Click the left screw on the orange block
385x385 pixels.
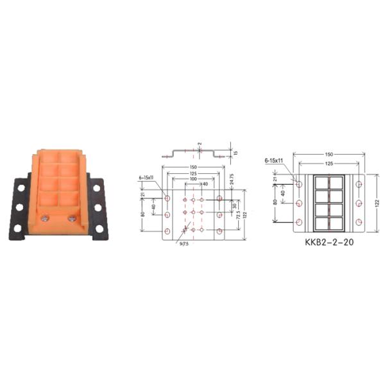tap(44, 219)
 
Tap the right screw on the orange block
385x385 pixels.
tap(72, 219)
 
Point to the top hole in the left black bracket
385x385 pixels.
tap(21, 187)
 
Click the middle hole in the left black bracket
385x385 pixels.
tap(20, 207)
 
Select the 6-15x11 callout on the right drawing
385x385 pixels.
tap(274, 160)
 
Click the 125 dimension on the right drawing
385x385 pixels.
tap(329, 164)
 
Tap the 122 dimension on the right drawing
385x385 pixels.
tap(377, 202)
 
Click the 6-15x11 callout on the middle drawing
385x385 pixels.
tap(148, 176)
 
